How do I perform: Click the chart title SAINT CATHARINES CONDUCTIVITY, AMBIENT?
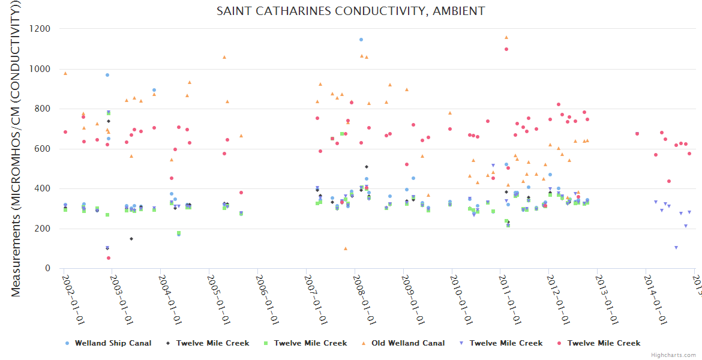point(350,11)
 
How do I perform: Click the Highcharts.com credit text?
point(674,355)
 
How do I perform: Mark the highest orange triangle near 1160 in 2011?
point(506,37)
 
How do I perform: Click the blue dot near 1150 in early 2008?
point(361,40)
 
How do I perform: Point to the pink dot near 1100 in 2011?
point(506,49)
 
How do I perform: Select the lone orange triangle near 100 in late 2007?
point(346,248)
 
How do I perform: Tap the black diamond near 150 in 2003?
point(131,239)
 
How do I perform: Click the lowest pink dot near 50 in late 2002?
point(109,258)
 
